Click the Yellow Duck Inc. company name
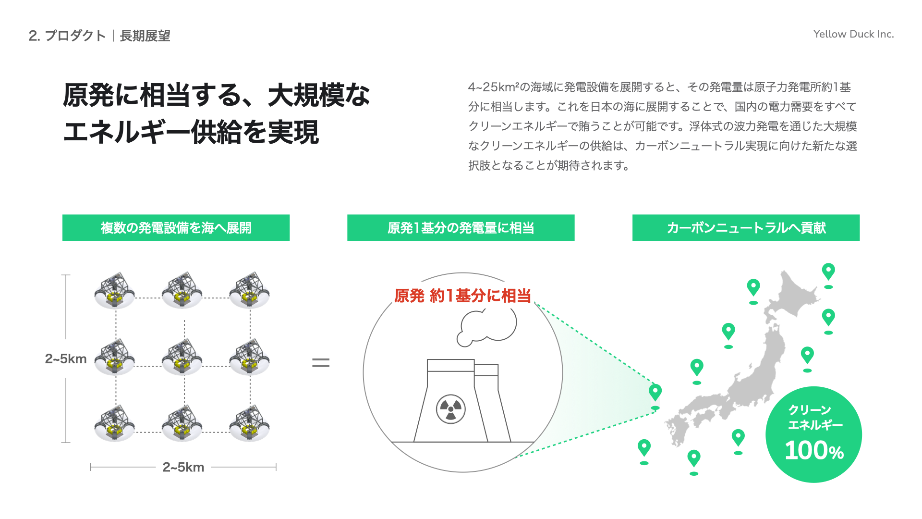(853, 34)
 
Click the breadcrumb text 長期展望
(145, 36)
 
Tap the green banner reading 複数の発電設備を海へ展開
(176, 228)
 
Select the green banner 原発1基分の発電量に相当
(461, 228)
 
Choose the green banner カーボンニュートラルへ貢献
(746, 228)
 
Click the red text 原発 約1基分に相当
(462, 296)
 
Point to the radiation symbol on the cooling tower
(450, 409)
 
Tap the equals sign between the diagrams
(321, 363)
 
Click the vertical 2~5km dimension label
(66, 359)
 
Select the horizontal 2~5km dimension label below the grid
(183, 467)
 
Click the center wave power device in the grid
(182, 358)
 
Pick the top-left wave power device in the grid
(115, 291)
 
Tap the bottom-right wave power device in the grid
(249, 424)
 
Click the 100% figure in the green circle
(814, 451)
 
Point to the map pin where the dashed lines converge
(655, 392)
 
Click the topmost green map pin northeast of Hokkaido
(828, 272)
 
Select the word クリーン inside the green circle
(810, 410)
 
